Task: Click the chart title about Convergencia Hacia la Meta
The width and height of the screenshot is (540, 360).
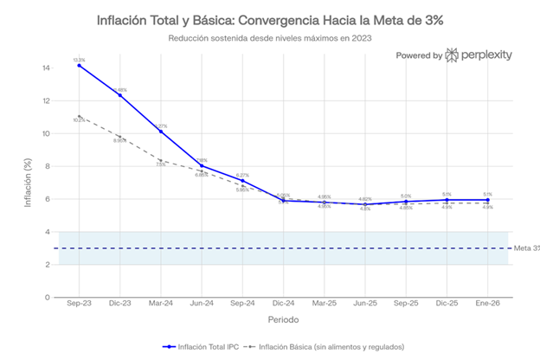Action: (269, 20)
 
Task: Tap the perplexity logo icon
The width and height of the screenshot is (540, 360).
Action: (453, 55)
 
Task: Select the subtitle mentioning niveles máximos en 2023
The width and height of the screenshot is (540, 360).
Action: (269, 38)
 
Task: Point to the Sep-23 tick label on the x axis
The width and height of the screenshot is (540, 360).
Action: (79, 305)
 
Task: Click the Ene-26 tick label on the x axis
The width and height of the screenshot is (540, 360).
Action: (488, 305)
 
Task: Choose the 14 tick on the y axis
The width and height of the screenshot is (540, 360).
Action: (45, 67)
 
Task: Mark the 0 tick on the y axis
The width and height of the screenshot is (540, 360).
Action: (46, 297)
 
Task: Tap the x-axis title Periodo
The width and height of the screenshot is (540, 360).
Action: (282, 319)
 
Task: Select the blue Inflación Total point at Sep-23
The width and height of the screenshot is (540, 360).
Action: (79, 66)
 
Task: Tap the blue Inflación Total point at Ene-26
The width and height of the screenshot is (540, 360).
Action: (488, 200)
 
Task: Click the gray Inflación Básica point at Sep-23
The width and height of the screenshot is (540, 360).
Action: (79, 117)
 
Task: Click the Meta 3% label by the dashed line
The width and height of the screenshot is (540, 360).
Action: (526, 248)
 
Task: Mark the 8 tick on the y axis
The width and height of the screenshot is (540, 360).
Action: (46, 166)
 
